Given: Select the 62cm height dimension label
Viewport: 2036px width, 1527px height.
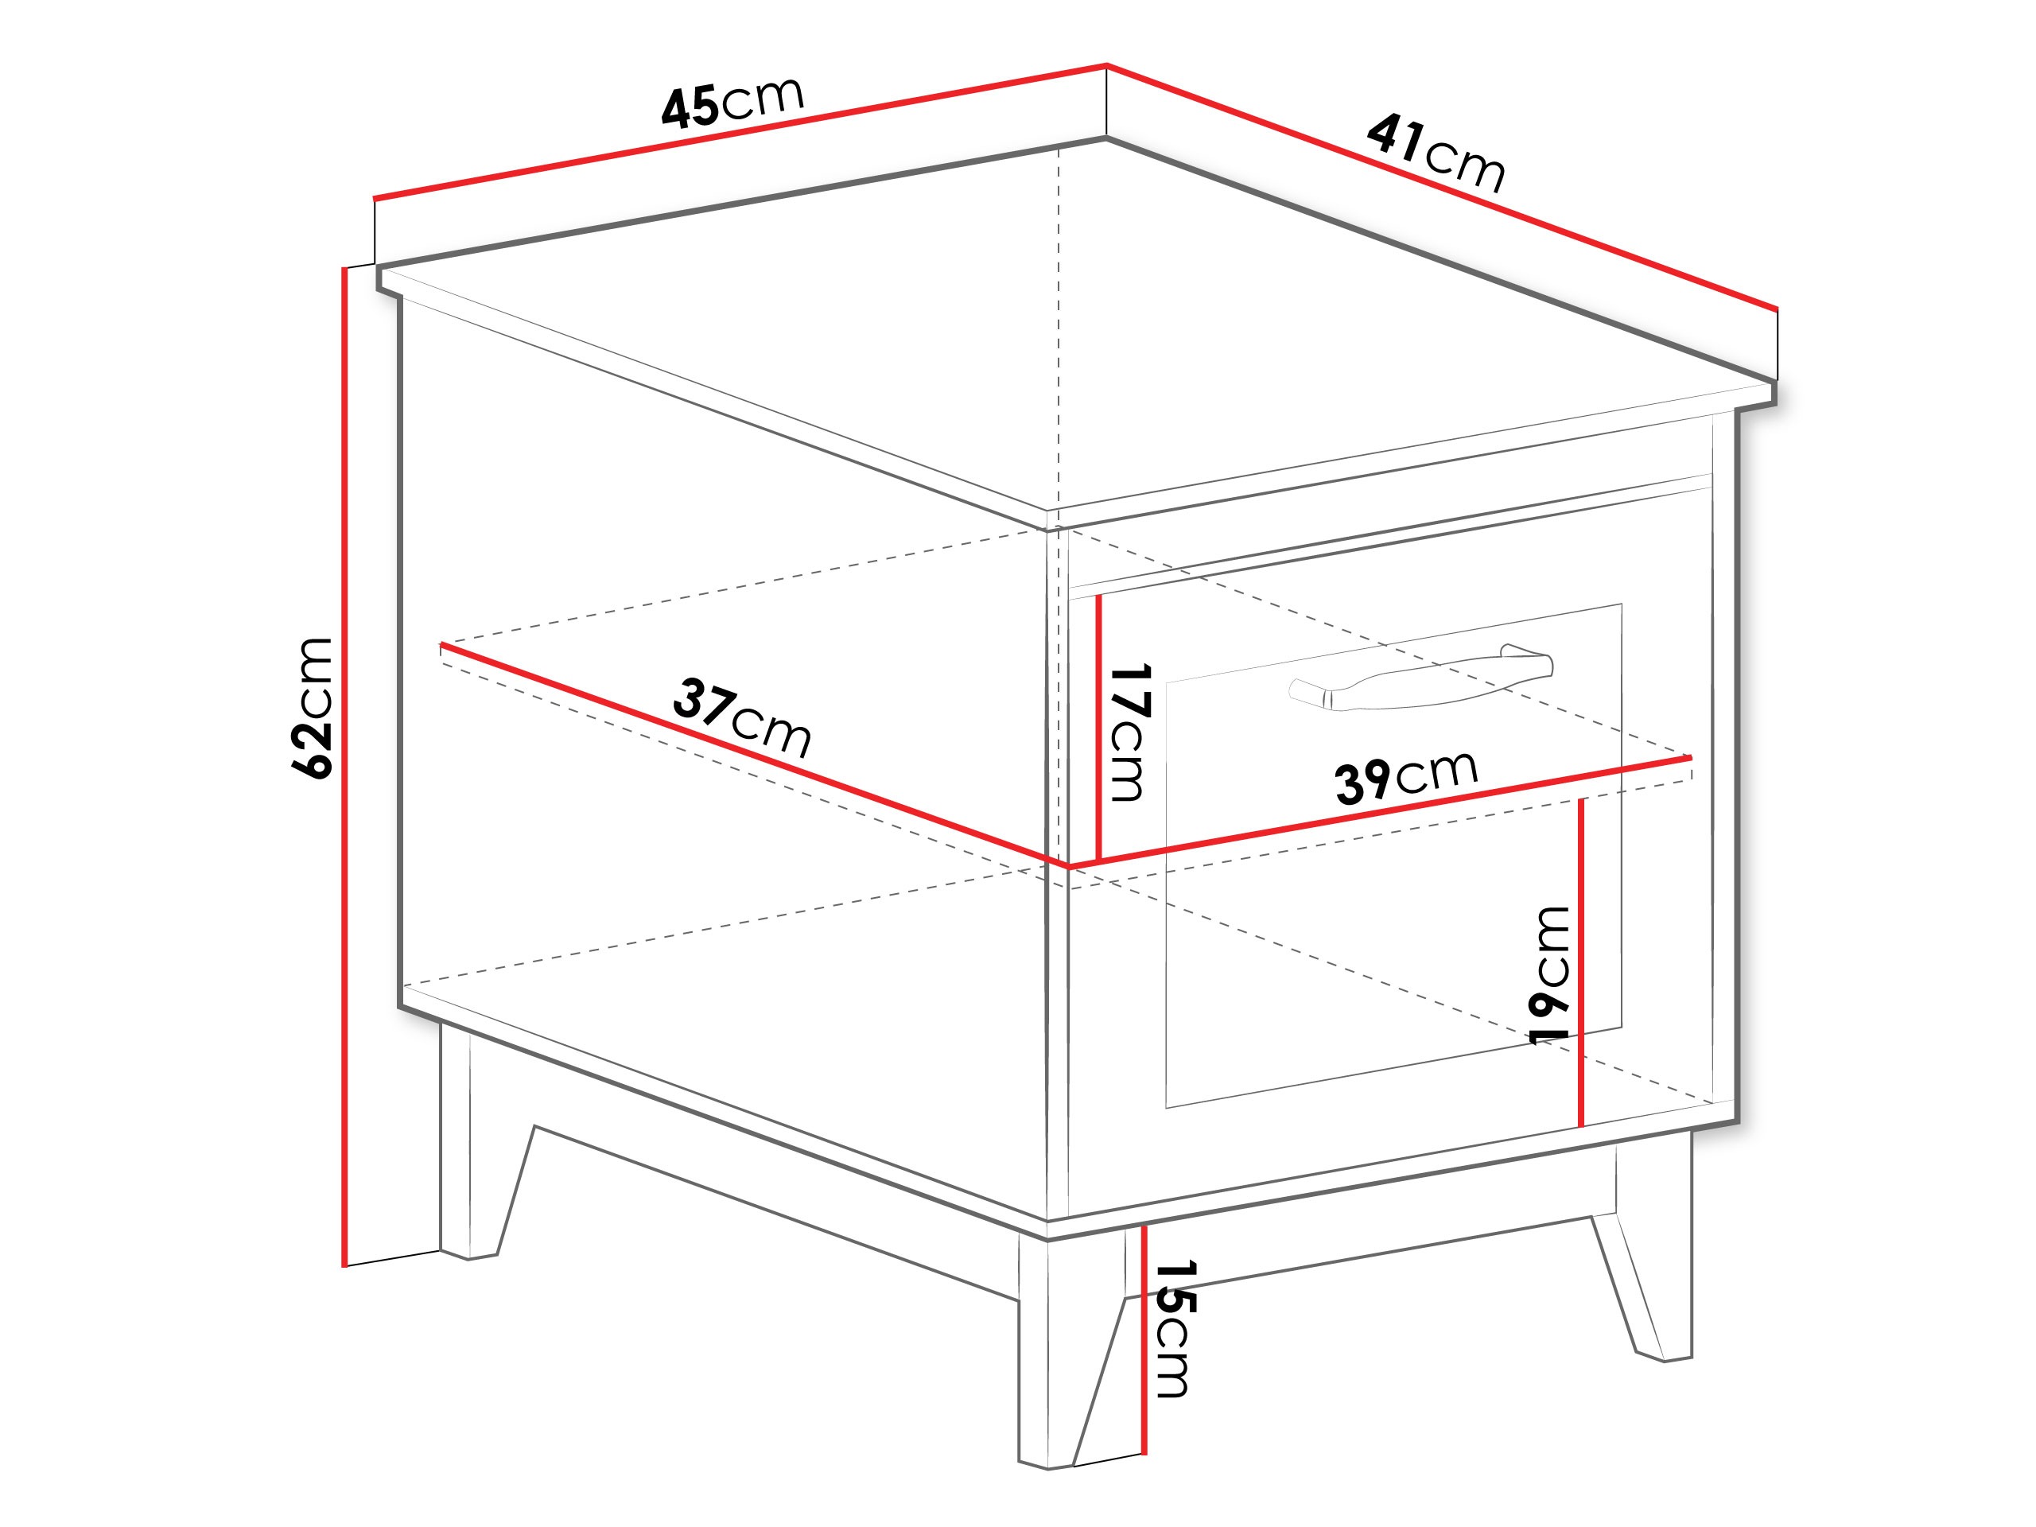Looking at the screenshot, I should pos(313,707).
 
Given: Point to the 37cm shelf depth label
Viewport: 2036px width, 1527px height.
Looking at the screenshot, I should pos(742,716).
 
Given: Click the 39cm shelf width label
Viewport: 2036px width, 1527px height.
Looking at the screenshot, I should pos(1405,777).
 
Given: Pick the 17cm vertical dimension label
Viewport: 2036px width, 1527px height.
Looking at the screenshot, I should pos(1129,732).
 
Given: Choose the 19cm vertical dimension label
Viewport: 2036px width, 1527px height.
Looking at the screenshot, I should pos(1550,975).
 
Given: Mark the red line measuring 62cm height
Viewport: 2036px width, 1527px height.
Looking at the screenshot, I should pos(344,764).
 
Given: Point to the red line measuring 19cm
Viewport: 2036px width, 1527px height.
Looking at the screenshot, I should pos(1581,962).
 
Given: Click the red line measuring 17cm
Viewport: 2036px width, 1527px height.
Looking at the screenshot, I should pos(1099,727).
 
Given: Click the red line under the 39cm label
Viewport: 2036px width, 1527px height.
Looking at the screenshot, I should pos(1381,811).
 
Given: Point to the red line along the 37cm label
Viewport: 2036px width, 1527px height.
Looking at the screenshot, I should pos(745,753).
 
